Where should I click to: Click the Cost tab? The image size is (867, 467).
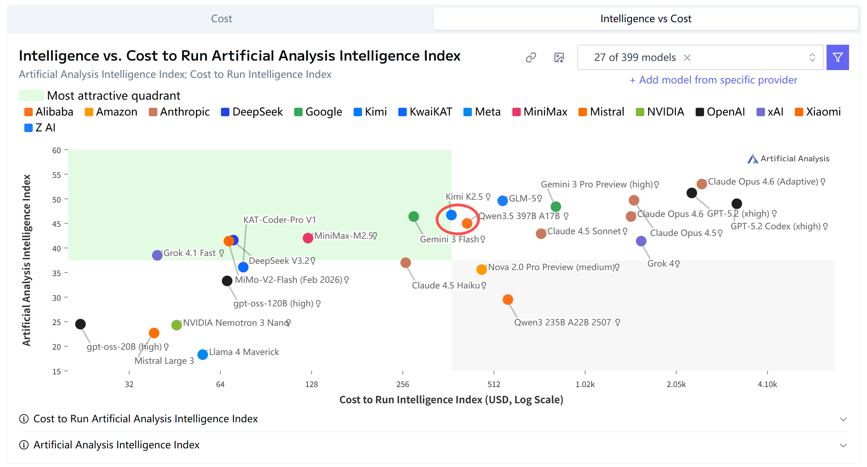point(221,19)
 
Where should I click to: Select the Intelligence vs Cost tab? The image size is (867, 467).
point(645,19)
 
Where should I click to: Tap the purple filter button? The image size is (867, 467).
point(837,57)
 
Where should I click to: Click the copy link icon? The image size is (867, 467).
point(531,57)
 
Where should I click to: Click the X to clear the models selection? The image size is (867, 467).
point(687,58)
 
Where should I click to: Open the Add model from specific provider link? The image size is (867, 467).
point(713,80)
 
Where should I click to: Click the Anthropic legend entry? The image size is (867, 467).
point(179,112)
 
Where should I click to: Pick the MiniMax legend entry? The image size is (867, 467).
point(540,112)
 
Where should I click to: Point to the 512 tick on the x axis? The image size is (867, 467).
point(494,384)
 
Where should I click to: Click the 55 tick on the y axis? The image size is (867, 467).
point(57,175)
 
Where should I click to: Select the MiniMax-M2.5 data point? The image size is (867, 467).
point(308,238)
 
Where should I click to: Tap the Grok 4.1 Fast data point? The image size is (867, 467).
point(157,255)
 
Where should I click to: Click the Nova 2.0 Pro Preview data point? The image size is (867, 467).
point(481,269)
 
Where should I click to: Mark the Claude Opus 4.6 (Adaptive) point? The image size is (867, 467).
point(702,184)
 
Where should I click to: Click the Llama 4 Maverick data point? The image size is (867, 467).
point(203,354)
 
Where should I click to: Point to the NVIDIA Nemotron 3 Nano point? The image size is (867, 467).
point(177,325)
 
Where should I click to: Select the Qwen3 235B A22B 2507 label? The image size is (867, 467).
point(562,323)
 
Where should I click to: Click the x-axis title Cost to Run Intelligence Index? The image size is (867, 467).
point(451,400)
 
